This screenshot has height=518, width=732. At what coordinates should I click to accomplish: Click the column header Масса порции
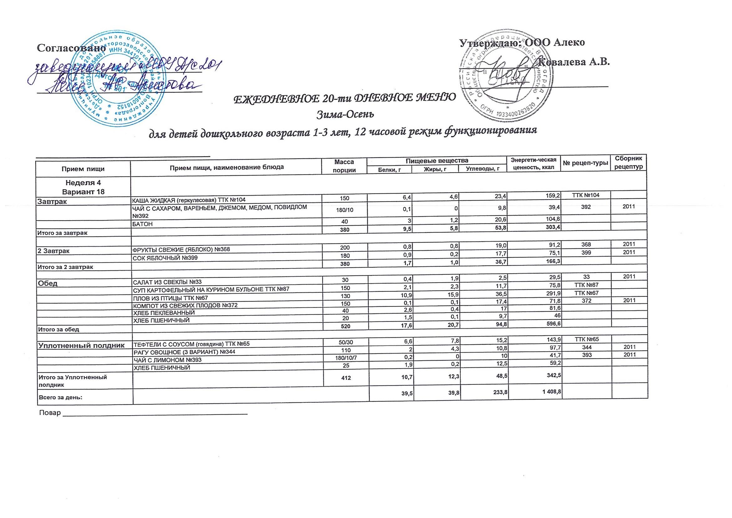pyautogui.click(x=344, y=166)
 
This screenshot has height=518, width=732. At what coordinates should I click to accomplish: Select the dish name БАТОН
pyautogui.click(x=142, y=224)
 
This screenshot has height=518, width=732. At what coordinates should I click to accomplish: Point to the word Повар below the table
pyautogui.click(x=50, y=413)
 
